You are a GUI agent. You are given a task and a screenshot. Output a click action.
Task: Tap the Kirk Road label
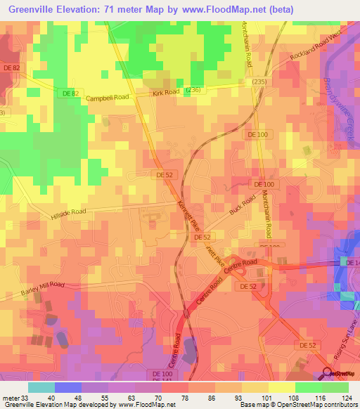point(167,93)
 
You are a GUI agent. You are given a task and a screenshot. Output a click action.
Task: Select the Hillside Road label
point(68,214)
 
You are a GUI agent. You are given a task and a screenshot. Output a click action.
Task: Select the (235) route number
point(260,82)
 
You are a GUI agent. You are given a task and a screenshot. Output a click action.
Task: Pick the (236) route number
point(193,89)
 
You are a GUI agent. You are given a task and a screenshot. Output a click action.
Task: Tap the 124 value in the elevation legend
point(347,397)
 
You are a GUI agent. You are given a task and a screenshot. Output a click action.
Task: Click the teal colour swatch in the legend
point(41,387)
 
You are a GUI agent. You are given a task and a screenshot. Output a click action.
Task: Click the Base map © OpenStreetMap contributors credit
point(298,405)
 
